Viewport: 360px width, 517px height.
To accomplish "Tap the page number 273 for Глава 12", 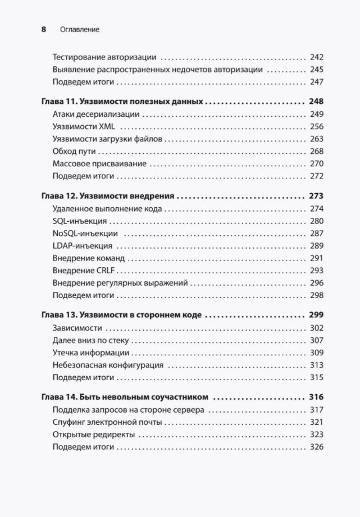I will [x=316, y=197].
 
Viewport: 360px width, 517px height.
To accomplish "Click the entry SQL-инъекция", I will [x=79, y=221].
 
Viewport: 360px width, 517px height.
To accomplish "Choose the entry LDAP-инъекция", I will [x=82, y=246].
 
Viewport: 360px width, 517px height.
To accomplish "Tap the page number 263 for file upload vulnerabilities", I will [x=317, y=139].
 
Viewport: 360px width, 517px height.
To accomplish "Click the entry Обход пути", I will [x=74, y=151].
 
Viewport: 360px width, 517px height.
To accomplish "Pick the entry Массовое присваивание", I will [x=99, y=163].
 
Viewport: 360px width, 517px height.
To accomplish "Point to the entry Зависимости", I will [x=76, y=328].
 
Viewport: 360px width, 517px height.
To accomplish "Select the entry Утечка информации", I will [x=90, y=353].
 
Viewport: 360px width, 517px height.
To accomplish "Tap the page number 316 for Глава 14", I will [x=316, y=397].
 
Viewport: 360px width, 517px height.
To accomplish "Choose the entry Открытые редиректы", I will [x=92, y=434].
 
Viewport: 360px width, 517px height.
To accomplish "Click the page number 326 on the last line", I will [x=317, y=447].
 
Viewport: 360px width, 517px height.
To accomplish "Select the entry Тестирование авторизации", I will [x=104, y=57].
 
